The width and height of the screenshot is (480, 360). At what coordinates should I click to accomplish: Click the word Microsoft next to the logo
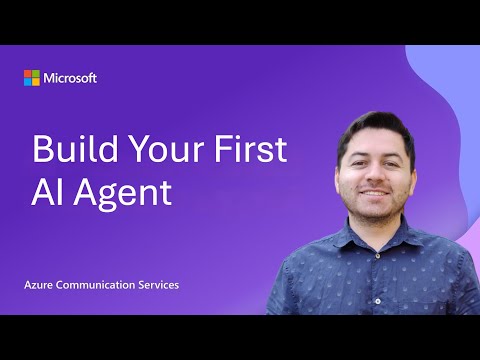click(70, 78)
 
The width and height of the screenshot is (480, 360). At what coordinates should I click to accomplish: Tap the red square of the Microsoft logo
click(28, 74)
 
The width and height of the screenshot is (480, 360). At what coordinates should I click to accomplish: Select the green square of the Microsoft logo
click(36, 74)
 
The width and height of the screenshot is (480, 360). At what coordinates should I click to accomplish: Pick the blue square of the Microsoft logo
click(28, 82)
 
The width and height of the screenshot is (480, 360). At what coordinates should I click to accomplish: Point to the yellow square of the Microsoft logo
click(36, 82)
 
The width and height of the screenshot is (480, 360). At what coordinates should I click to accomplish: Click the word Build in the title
click(75, 148)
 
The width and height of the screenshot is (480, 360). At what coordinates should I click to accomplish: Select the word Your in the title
click(166, 149)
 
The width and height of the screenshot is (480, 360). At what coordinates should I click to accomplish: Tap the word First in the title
click(250, 149)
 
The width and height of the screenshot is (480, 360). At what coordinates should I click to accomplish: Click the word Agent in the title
click(122, 195)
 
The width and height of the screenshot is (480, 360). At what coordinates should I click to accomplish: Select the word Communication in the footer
click(96, 285)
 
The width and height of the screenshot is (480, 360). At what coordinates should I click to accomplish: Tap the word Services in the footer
click(159, 285)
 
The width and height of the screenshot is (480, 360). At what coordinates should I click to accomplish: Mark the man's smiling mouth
click(375, 193)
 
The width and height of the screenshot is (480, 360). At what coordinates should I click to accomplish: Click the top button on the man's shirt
click(378, 256)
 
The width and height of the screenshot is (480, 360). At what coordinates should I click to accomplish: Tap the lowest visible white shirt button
click(378, 301)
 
